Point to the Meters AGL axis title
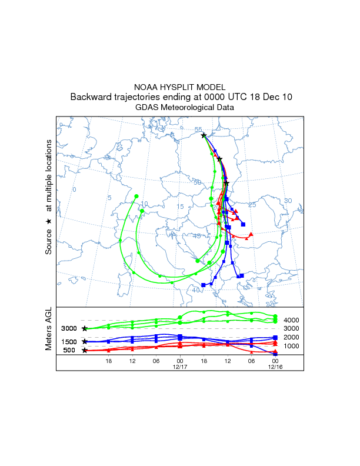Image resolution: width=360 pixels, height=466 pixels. tap(49, 330)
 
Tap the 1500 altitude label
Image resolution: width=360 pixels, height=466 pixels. tap(69, 342)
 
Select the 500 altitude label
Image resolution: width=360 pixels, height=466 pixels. tap(69, 351)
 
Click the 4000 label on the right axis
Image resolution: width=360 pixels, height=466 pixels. tap(291, 320)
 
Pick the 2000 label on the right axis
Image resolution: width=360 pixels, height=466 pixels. tap(291, 337)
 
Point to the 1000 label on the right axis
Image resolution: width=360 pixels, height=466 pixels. tap(291, 346)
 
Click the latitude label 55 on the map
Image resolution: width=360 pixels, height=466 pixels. tap(198, 129)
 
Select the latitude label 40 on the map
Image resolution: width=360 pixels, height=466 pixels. tap(195, 290)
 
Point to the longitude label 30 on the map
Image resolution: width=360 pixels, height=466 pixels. tap(288, 201)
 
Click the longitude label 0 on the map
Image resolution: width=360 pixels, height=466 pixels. tap(74, 189)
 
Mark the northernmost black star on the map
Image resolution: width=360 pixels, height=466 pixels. tap(204, 135)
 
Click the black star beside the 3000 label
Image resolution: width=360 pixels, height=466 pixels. tap(85, 328)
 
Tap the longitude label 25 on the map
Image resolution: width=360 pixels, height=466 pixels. tap(252, 205)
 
